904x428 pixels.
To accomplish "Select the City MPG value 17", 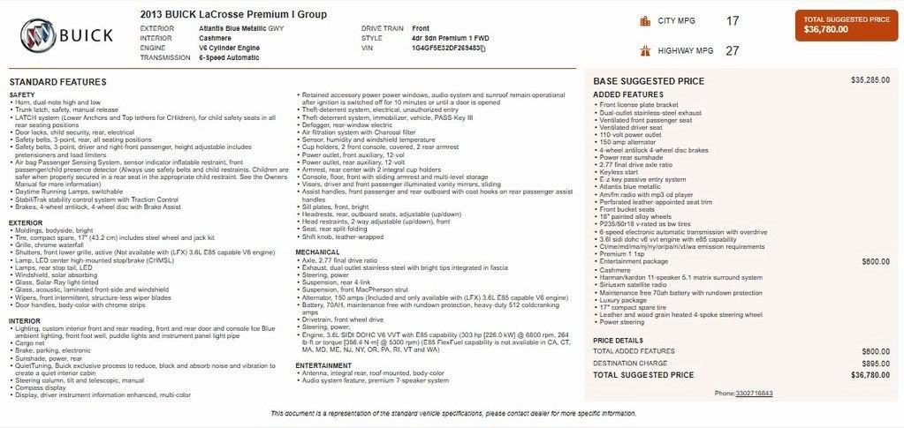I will (733, 20).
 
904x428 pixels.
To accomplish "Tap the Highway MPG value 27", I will (733, 50).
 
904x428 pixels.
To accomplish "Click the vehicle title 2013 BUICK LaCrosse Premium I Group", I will (232, 14).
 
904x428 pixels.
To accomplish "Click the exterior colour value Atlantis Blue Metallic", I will (240, 28).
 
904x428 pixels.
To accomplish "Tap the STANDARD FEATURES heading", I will (57, 81).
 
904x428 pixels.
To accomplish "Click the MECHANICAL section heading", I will (317, 252).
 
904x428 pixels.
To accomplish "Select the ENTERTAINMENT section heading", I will (323, 364).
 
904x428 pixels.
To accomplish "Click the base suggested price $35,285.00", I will (870, 80).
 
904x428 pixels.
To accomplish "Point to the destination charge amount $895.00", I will (875, 363).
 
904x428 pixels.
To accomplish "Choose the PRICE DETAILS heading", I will (619, 340).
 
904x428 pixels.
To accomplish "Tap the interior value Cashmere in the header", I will (216, 38).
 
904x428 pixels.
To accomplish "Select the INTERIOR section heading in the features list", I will (25, 320).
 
